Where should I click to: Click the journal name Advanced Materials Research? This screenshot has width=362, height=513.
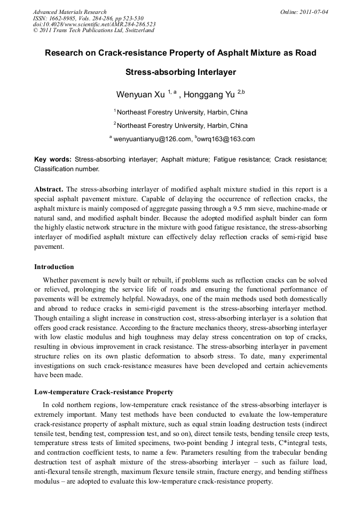[x=70, y=12]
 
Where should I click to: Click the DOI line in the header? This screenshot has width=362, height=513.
[x=94, y=24]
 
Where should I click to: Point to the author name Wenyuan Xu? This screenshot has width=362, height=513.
[x=140, y=95]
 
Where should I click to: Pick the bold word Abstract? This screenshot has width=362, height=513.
[x=49, y=189]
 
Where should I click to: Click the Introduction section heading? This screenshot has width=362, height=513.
[x=54, y=266]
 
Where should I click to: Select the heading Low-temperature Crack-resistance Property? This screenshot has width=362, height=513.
[x=104, y=392]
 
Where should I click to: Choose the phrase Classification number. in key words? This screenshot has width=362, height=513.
[x=67, y=169]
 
